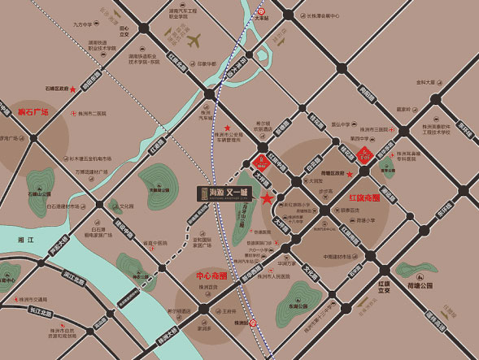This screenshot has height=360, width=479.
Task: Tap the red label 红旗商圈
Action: [x=365, y=197]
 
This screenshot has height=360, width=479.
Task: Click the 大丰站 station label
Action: [x=262, y=15]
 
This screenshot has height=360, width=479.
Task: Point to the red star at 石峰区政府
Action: [x=73, y=89]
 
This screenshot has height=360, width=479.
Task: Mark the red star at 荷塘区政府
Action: [x=350, y=174]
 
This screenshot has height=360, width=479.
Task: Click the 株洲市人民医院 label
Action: [x=273, y=276]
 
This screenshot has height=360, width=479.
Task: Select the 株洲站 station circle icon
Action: [x=253, y=323]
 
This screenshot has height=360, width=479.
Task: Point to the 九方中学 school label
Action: [x=84, y=24]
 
